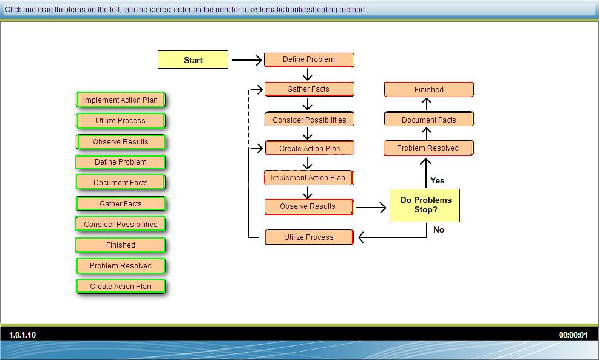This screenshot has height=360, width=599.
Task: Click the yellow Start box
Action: (193, 59)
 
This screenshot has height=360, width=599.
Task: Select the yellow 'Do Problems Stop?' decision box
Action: (424, 205)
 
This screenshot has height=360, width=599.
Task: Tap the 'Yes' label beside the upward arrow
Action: (438, 180)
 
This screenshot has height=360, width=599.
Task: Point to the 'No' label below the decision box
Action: (439, 229)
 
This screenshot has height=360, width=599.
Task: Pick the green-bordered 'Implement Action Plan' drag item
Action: (120, 100)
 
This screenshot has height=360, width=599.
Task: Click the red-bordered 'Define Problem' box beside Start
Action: (309, 59)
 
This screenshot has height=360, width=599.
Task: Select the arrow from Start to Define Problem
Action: (247, 60)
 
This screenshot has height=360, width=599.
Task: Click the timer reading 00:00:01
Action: (573, 335)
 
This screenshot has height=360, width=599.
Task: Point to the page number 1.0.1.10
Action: (22, 335)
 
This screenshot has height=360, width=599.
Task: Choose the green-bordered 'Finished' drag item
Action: (120, 245)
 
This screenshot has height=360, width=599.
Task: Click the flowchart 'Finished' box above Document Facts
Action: (429, 89)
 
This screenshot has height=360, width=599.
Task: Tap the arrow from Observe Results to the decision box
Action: (371, 208)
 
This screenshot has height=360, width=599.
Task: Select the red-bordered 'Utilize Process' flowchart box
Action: (309, 237)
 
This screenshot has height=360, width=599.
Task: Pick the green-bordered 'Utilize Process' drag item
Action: (120, 121)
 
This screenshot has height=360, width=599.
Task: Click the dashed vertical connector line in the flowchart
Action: (248, 118)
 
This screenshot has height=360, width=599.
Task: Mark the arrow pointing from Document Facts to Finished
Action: (426, 104)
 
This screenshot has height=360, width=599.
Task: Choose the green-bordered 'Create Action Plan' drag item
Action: (120, 287)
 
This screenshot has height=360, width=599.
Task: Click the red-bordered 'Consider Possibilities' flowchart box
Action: (309, 119)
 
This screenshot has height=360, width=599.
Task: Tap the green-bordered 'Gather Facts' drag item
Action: (120, 204)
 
